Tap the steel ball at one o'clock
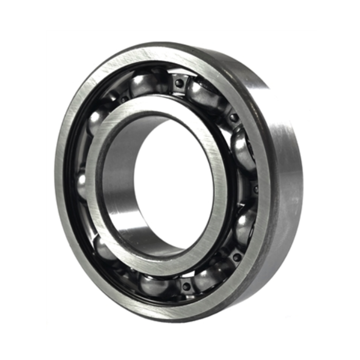pos(203,93)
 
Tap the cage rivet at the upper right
pos(234,118)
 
